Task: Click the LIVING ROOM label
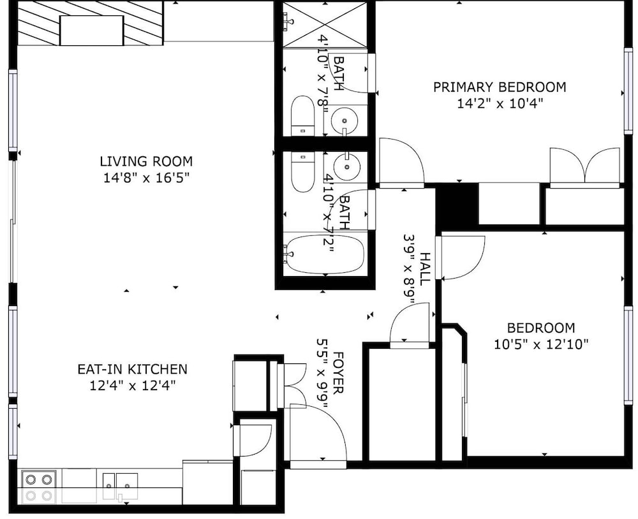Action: (x=146, y=161)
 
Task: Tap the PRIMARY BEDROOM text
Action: (x=500, y=87)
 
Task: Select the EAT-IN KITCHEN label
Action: (x=132, y=369)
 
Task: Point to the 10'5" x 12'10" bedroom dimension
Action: (x=541, y=344)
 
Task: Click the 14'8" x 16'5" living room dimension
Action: (x=147, y=178)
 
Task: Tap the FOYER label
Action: (x=338, y=373)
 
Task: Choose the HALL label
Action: (x=424, y=268)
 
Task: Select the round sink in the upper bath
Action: (x=345, y=121)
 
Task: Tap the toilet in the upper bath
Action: (x=302, y=116)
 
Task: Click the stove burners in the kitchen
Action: (x=39, y=487)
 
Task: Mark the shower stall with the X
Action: (x=325, y=24)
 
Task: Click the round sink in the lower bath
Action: (x=346, y=167)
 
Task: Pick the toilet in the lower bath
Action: (x=302, y=172)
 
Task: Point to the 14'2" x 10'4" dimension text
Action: (x=500, y=104)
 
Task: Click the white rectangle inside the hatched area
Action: (x=91, y=31)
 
